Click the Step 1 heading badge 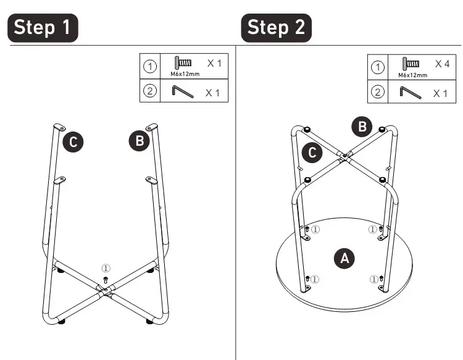43,28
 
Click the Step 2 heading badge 277,28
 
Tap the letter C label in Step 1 73,142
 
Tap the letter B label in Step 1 140,141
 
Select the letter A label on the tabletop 344,258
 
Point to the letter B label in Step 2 362,127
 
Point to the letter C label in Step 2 312,153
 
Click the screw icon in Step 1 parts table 183,62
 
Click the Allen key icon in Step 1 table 183,91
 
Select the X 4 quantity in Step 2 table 442,64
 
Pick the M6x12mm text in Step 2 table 412,75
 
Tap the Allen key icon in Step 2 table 411,93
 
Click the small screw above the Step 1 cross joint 106,280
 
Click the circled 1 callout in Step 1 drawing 106,268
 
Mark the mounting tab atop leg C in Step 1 59,127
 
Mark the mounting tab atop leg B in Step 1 152,127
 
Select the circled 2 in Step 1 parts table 150,91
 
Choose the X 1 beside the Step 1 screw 214,63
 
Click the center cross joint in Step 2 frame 344,156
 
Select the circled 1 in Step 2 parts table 378,67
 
